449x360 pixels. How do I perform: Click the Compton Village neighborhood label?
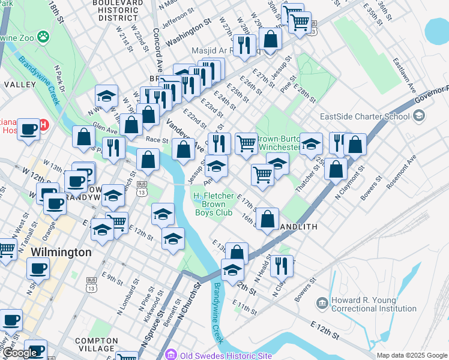click(96, 344)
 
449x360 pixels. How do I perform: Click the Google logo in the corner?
click(21, 353)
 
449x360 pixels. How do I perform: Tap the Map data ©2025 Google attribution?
click(411, 355)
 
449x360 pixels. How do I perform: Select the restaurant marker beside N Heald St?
click(281, 265)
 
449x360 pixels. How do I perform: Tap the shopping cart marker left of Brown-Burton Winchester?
click(246, 143)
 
